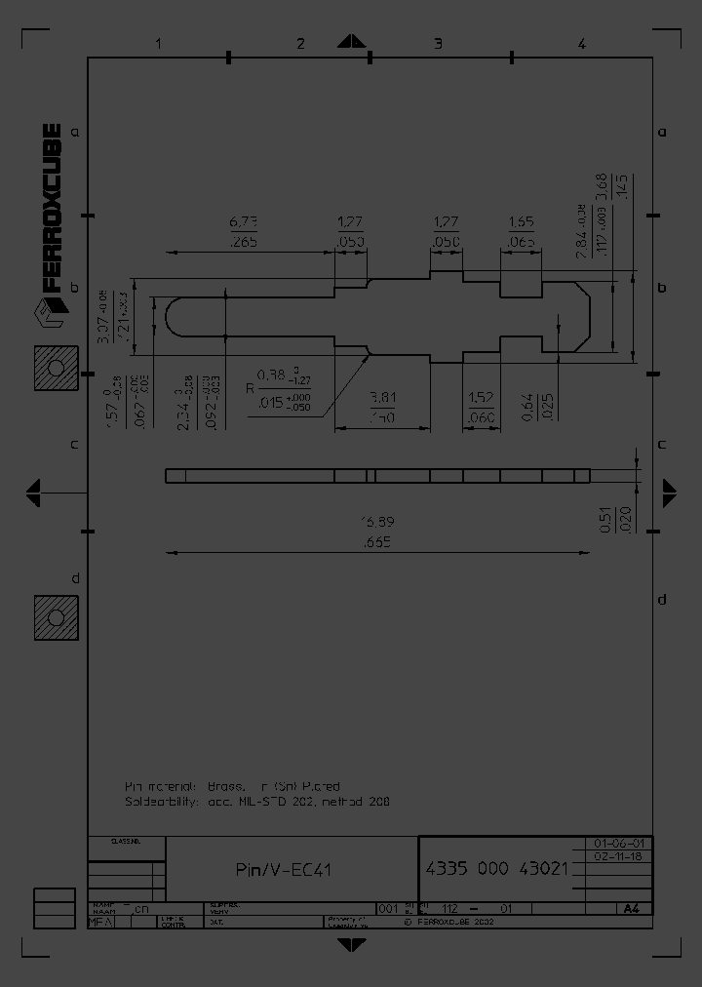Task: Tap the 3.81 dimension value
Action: click(x=382, y=398)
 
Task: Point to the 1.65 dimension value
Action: click(x=522, y=222)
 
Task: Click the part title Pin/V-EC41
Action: click(x=284, y=870)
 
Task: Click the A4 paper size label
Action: click(x=631, y=909)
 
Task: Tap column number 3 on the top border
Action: click(x=438, y=43)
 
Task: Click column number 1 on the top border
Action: click(x=158, y=43)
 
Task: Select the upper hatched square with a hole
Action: click(x=56, y=368)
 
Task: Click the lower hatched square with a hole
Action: click(x=56, y=618)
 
